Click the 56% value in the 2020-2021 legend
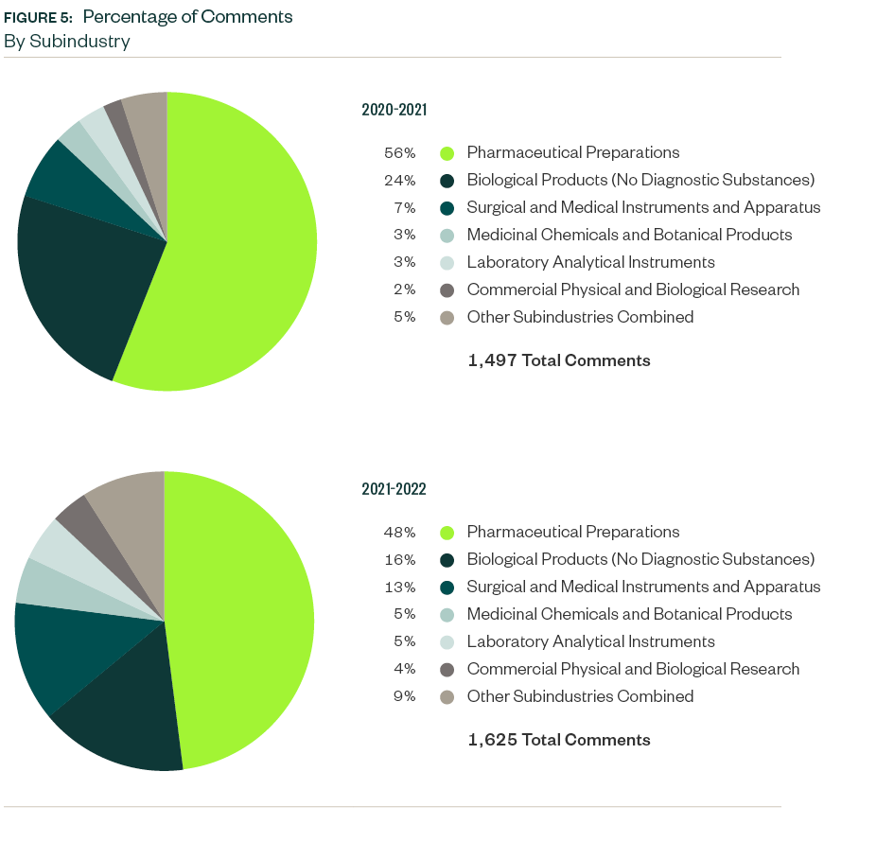pyautogui.click(x=399, y=152)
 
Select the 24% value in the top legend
pyautogui.click(x=399, y=180)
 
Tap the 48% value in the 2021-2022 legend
pyautogui.click(x=399, y=532)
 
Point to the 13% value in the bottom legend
pyautogui.click(x=399, y=587)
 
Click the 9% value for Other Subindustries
pyautogui.click(x=404, y=696)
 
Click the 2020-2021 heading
pyautogui.click(x=394, y=110)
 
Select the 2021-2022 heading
pyautogui.click(x=394, y=489)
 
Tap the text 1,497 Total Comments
pyautogui.click(x=558, y=360)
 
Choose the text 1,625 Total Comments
pyautogui.click(x=558, y=740)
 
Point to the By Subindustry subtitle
pyautogui.click(x=66, y=42)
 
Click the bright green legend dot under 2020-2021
pyautogui.click(x=447, y=153)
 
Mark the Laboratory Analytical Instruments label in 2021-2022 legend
pyautogui.click(x=590, y=641)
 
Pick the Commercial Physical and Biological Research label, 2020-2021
pyautogui.click(x=633, y=289)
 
